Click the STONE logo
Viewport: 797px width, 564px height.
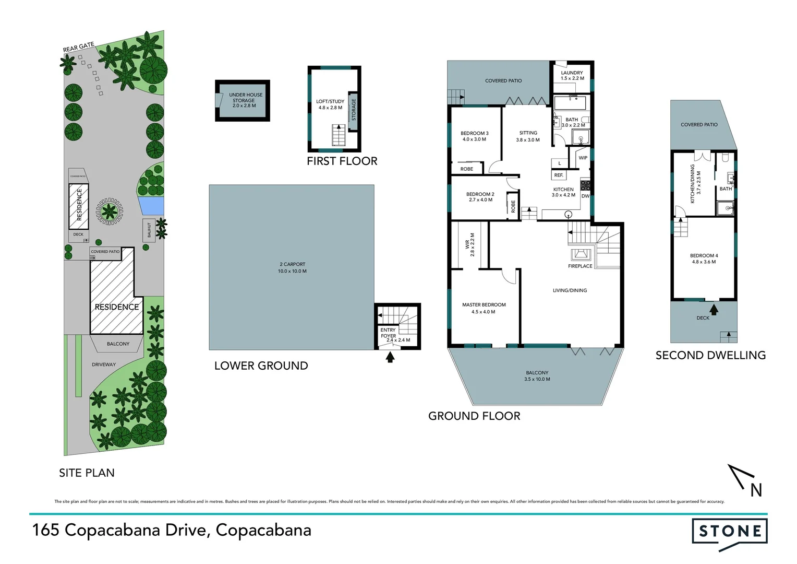(729, 532)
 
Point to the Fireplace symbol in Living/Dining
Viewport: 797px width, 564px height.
(580, 255)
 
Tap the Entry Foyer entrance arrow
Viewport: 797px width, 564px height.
(390, 357)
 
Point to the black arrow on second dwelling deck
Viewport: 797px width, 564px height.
(714, 309)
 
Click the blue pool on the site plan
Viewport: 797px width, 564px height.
(152, 205)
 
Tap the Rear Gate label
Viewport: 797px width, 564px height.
(79, 47)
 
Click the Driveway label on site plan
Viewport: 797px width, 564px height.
(104, 365)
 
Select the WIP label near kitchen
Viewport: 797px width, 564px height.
(583, 158)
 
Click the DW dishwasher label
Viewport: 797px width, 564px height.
(585, 196)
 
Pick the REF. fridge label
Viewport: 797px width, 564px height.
(559, 175)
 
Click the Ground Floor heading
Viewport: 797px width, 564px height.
(474, 416)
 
